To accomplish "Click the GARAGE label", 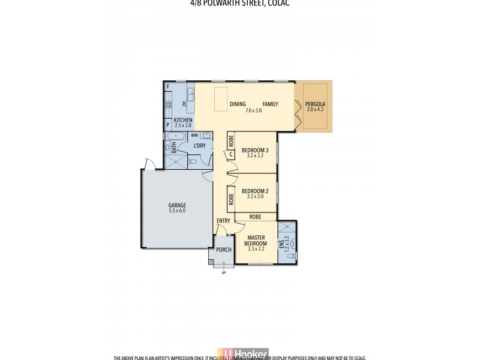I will coord(177,205).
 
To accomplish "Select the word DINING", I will coord(238,104).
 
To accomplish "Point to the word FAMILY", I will coord(270,104).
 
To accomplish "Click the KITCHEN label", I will coord(183,120).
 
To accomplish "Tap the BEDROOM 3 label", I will coord(255,150).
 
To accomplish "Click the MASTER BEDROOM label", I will coord(256,240).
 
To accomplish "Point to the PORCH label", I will coord(224,250).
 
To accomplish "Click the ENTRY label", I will coord(223,221).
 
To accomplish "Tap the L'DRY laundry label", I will coord(200,146).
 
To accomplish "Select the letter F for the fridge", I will coord(168,87).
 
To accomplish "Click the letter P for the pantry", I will coord(168,125).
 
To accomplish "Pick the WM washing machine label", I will coord(186,136).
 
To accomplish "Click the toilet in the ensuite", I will coord(292,256).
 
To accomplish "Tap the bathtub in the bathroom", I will coord(174,136).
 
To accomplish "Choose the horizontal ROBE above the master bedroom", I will coord(255,217).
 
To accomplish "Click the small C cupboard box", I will coord(231,154).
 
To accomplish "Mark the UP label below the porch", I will coord(224,273).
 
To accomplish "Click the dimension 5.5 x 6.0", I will coord(177,211).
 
